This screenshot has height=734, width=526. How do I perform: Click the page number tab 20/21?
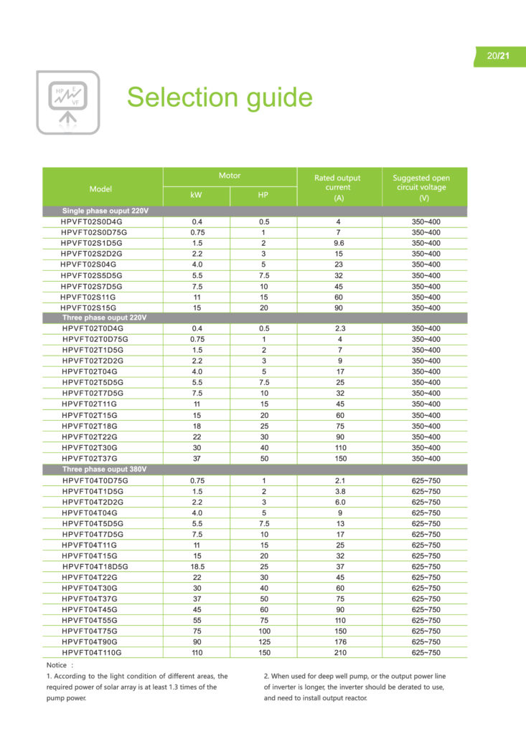(499, 56)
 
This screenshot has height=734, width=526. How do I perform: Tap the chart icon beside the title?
(68, 103)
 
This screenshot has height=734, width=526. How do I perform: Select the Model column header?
(101, 189)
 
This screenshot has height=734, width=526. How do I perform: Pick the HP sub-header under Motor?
(263, 196)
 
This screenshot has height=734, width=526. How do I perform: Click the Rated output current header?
(338, 187)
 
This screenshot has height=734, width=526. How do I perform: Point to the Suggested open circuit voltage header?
(421, 187)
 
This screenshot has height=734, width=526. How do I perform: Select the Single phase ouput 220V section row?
(105, 211)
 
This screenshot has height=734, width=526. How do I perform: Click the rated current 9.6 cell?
(338, 244)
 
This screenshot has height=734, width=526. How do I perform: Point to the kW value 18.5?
(197, 567)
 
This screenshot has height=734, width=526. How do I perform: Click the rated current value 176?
(338, 642)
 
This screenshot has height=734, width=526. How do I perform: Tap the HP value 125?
(263, 642)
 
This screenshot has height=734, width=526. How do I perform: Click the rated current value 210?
(338, 653)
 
